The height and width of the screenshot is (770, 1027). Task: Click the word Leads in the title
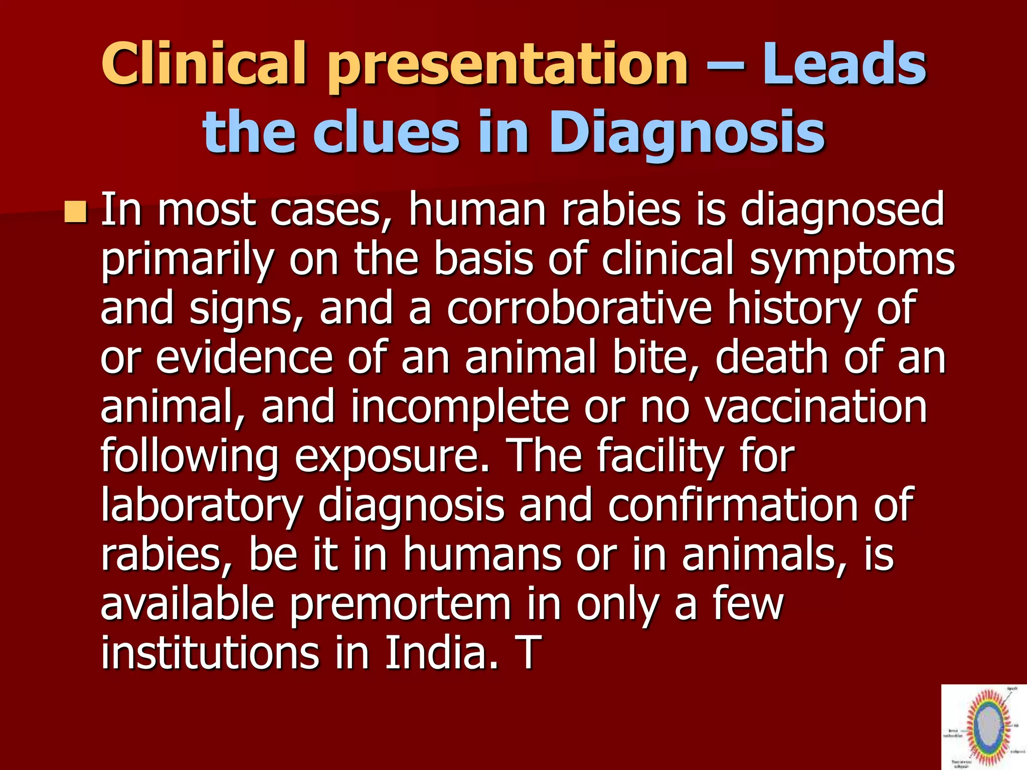pyautogui.click(x=844, y=65)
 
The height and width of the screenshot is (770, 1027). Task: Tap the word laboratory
pyautogui.click(x=202, y=505)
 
